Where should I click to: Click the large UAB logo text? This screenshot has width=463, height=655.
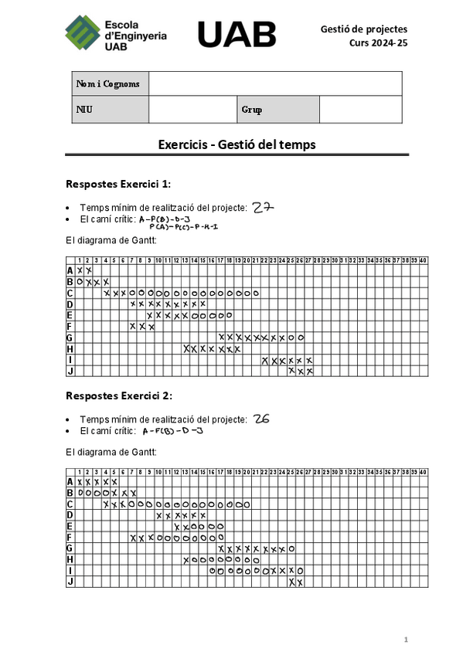(x=237, y=34)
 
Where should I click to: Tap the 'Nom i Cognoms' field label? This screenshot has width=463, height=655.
(x=108, y=83)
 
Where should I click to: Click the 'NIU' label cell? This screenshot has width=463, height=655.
(x=84, y=110)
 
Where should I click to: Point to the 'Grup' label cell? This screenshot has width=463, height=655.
(x=252, y=110)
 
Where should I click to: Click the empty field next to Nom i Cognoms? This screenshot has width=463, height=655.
(x=275, y=83)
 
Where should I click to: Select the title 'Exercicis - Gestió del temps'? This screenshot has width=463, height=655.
(x=237, y=144)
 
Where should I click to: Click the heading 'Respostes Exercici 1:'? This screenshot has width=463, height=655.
(x=118, y=184)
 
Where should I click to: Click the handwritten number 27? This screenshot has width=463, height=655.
(x=264, y=207)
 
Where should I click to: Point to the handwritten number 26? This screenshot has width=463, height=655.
(x=261, y=419)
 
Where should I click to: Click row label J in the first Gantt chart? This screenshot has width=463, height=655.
(x=70, y=372)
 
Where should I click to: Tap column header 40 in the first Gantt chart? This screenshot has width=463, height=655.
(x=423, y=260)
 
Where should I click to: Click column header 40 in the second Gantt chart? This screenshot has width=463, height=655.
(x=423, y=472)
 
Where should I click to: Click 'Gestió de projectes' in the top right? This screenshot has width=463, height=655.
(x=363, y=29)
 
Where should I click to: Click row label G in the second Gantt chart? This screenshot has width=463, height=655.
(x=70, y=548)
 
